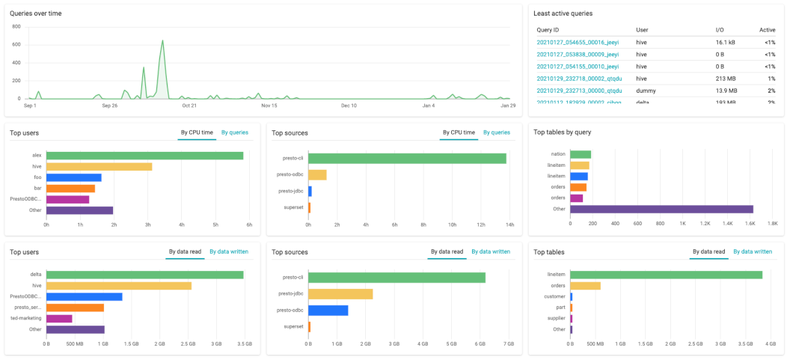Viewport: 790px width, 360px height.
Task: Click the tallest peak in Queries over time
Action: click(x=162, y=42)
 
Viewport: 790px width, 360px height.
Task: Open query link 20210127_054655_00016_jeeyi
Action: click(x=578, y=43)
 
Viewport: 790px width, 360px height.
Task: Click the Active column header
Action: click(x=767, y=30)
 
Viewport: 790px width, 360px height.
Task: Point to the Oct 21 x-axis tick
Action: click(x=189, y=106)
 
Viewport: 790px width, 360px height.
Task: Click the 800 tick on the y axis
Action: click(x=16, y=26)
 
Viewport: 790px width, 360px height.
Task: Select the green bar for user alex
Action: click(x=144, y=156)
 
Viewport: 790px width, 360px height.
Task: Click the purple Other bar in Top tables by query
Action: click(x=661, y=209)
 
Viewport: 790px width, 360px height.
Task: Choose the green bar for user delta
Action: click(x=144, y=275)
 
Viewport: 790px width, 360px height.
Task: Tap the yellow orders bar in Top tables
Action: click(x=585, y=286)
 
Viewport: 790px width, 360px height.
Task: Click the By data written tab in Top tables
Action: click(x=752, y=251)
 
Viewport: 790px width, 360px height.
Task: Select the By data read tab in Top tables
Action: click(x=708, y=251)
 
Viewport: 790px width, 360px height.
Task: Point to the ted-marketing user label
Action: click(x=25, y=318)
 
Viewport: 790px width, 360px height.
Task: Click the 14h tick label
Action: click(x=509, y=225)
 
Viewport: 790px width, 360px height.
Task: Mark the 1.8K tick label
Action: click(x=772, y=224)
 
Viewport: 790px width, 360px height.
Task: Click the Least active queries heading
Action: click(x=563, y=13)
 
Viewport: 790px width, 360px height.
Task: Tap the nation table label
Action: click(x=557, y=154)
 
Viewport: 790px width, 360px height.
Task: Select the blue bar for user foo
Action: click(x=73, y=177)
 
